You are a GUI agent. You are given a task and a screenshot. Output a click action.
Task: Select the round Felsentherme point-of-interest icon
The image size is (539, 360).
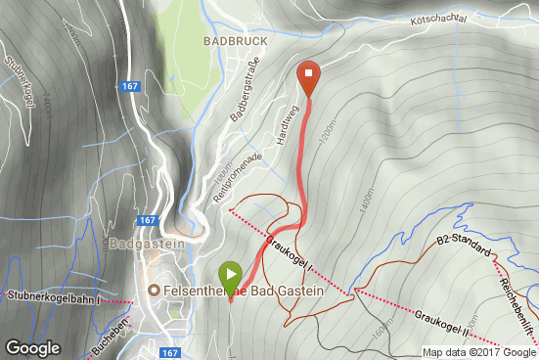tap(153, 292)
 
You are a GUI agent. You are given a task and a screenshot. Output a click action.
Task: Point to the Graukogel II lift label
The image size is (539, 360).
tap(442, 319)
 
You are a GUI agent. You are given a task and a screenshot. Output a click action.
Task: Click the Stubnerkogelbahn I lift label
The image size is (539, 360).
tap(56, 294)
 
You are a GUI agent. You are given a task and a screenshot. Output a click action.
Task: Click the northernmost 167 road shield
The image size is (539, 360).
tap(130, 87)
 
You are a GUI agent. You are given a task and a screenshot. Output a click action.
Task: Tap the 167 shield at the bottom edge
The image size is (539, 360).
tap(169, 352)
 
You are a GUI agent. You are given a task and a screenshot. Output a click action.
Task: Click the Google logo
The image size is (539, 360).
tap(33, 346)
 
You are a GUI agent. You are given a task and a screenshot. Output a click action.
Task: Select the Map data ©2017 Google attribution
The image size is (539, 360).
tap(479, 352)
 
